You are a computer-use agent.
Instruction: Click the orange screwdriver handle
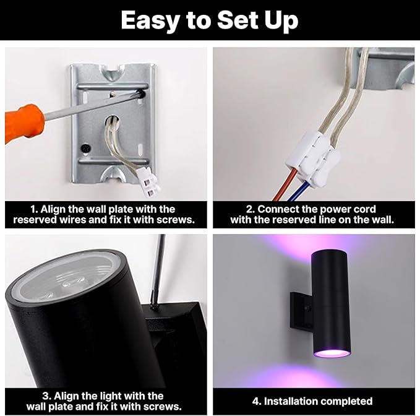[x=24, y=124]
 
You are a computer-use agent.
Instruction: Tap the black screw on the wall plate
[x=86, y=148]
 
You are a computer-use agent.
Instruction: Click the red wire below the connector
[x=286, y=184]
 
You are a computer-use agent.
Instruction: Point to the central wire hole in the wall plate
[x=113, y=122]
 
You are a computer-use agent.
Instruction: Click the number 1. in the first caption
[x=34, y=209]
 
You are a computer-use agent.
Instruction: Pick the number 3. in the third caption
[x=46, y=396]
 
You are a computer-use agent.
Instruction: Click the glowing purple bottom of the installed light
[x=332, y=353]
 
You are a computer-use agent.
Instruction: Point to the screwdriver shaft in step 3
[x=158, y=270]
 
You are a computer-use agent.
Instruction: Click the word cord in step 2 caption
[x=366, y=209]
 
